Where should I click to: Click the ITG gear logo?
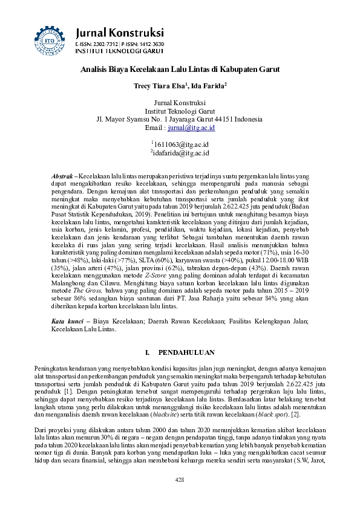click(x=49, y=37)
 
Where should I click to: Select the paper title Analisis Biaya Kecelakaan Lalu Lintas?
click(x=180, y=70)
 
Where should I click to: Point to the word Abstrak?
click(x=62, y=175)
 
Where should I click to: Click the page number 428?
click(x=180, y=479)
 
